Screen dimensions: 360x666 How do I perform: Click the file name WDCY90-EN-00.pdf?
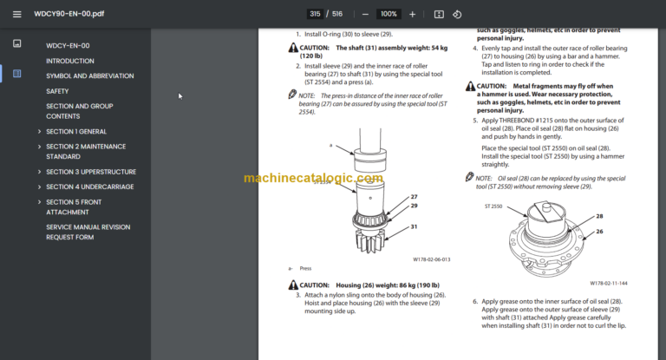69,15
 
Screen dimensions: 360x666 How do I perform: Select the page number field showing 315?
315,14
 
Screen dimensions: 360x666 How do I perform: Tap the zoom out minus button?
365,14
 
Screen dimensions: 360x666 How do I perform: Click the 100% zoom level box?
388,14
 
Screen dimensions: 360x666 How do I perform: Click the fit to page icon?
439,14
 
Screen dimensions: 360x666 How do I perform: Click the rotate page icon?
457,14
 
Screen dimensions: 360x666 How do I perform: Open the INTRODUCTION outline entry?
69,61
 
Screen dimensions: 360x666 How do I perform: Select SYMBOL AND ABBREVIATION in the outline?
89,75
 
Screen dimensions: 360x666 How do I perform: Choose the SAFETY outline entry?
57,90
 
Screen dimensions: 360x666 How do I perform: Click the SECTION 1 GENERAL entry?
75,131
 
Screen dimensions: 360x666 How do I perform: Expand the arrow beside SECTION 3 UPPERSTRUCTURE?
39,172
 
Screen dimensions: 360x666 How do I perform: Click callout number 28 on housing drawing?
598,216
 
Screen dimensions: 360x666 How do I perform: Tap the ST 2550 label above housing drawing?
494,207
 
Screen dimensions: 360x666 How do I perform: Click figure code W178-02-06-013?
431,259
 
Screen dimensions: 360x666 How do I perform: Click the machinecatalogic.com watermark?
313,178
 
